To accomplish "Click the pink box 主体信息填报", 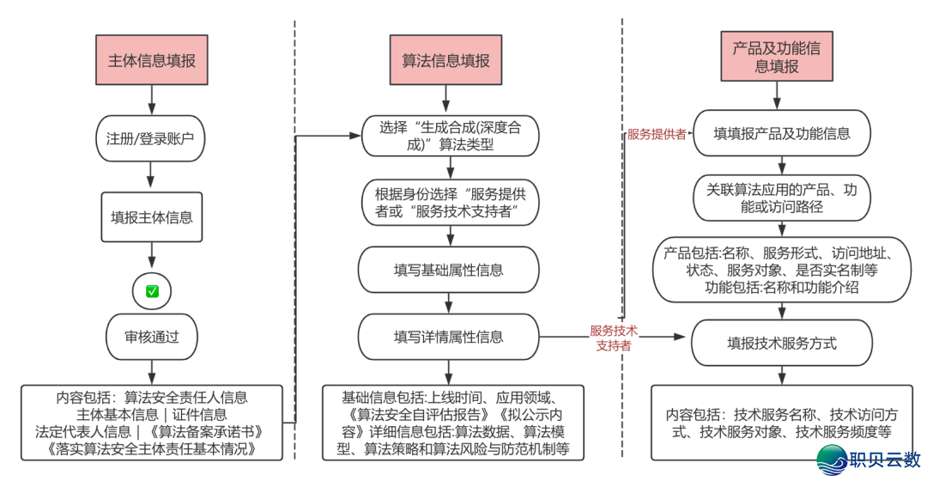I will [152, 61].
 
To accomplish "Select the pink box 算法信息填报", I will [446, 61].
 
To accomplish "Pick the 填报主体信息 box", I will [152, 216].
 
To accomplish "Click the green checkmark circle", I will [152, 291].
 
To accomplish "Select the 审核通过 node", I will [152, 337].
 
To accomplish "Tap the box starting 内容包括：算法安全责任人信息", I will [152, 423].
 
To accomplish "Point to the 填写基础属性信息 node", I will [448, 270].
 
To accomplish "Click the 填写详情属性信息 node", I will [448, 337].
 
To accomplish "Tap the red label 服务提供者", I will [657, 134].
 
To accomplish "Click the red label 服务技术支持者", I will [614, 338].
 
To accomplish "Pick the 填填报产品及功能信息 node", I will [782, 134].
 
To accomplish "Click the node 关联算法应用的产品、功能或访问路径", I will [781, 198].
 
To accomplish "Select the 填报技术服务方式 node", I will [781, 344].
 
